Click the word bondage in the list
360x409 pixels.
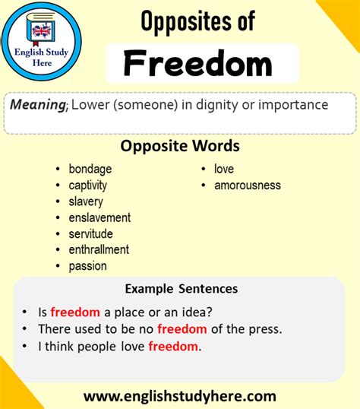(x=90, y=169)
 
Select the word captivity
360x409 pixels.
(x=87, y=185)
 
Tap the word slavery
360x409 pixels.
(x=86, y=201)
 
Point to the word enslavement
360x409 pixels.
(x=99, y=217)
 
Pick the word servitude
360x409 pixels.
(x=90, y=233)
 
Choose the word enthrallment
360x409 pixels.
(x=99, y=249)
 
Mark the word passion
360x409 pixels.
(x=87, y=266)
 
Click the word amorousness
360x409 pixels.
(x=247, y=185)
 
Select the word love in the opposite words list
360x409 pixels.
(x=224, y=169)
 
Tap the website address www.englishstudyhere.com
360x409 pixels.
(x=179, y=396)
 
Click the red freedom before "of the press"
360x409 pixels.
(x=182, y=329)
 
